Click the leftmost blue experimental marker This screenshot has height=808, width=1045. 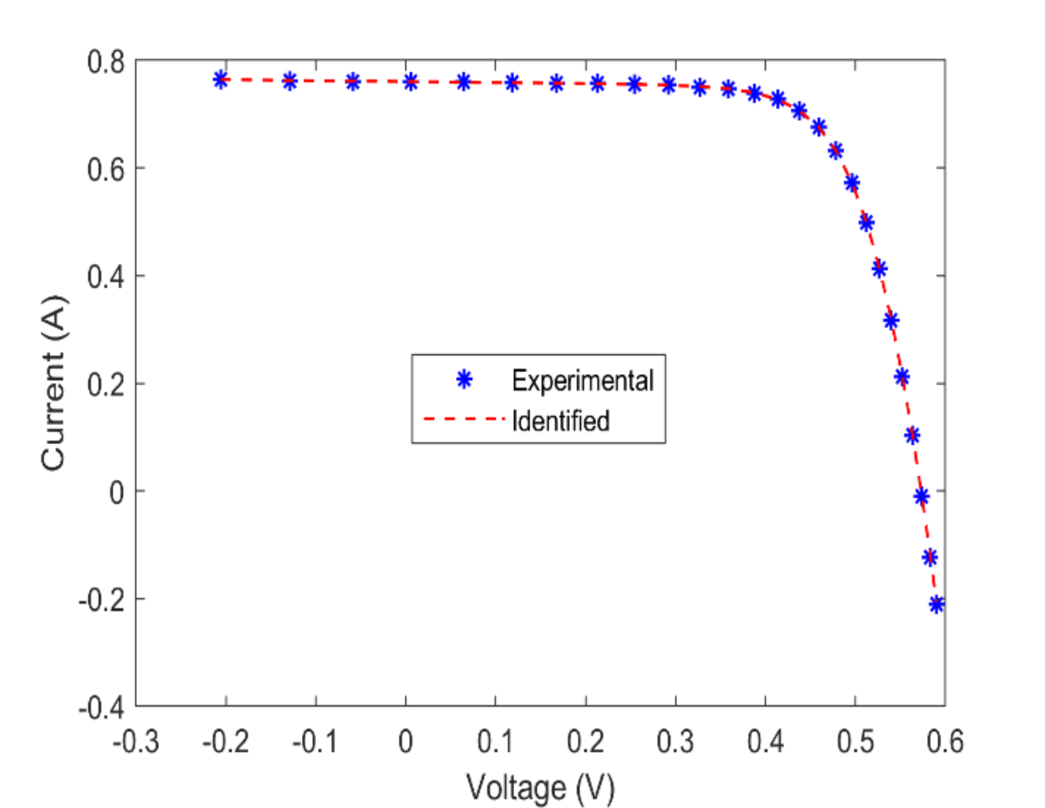coord(221,80)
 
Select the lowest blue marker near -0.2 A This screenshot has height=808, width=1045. coord(936,604)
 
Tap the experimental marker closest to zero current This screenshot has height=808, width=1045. coord(921,496)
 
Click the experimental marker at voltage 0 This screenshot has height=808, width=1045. coord(410,81)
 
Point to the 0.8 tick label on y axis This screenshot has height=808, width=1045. coord(106,62)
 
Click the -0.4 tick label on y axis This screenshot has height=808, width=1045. coord(101,708)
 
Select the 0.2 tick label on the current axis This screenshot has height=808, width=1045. coord(106,385)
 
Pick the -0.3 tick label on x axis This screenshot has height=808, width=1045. coord(136,741)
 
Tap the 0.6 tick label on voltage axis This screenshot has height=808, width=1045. coord(945,741)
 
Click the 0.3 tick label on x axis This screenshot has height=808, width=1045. coord(675,741)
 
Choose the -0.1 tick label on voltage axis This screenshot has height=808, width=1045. coord(315,741)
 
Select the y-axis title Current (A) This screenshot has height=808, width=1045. coord(53,383)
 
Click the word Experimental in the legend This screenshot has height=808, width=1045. coord(582,380)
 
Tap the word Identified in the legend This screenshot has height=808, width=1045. coord(560,421)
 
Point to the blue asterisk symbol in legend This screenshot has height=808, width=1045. coord(464,380)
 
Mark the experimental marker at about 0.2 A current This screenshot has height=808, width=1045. coord(902,376)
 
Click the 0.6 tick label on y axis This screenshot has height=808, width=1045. coord(106,170)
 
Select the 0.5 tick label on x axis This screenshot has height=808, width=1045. coord(855,741)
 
